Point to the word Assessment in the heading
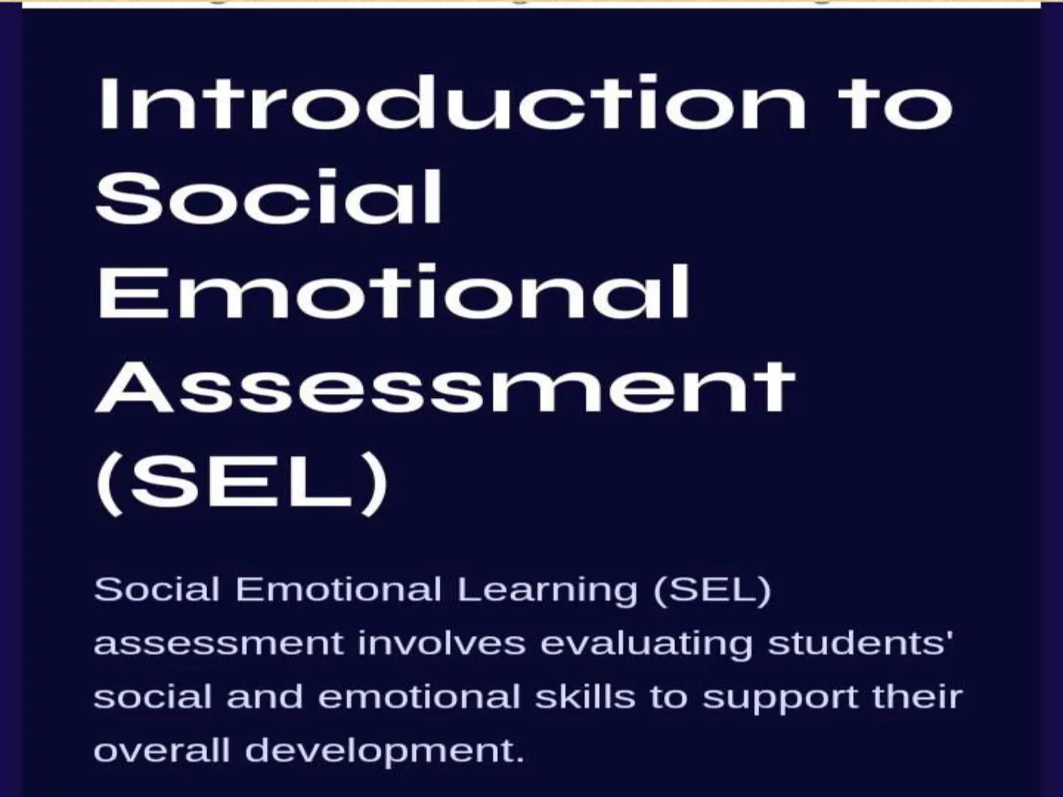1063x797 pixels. (445, 387)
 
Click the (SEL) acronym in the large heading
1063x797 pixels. (241, 482)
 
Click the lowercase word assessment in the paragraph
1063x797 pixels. (219, 643)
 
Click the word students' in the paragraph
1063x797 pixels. (854, 643)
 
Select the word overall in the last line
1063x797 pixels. (161, 750)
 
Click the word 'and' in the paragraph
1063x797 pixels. (265, 696)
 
